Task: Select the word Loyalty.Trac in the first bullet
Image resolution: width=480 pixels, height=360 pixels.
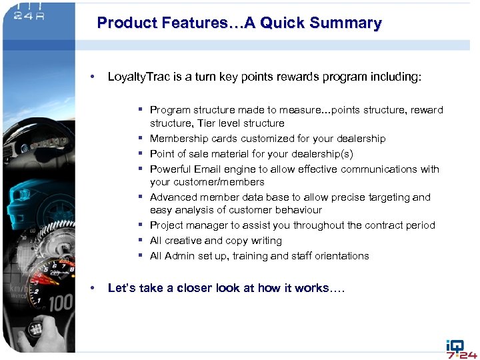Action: click(139, 77)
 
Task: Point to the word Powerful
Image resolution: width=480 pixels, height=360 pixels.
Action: click(171, 169)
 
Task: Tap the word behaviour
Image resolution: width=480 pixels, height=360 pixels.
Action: click(297, 210)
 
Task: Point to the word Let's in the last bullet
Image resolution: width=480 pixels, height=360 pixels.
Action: click(122, 288)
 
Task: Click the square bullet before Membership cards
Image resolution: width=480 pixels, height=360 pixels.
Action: click(142, 139)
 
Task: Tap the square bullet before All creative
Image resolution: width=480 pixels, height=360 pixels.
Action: click(142, 241)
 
